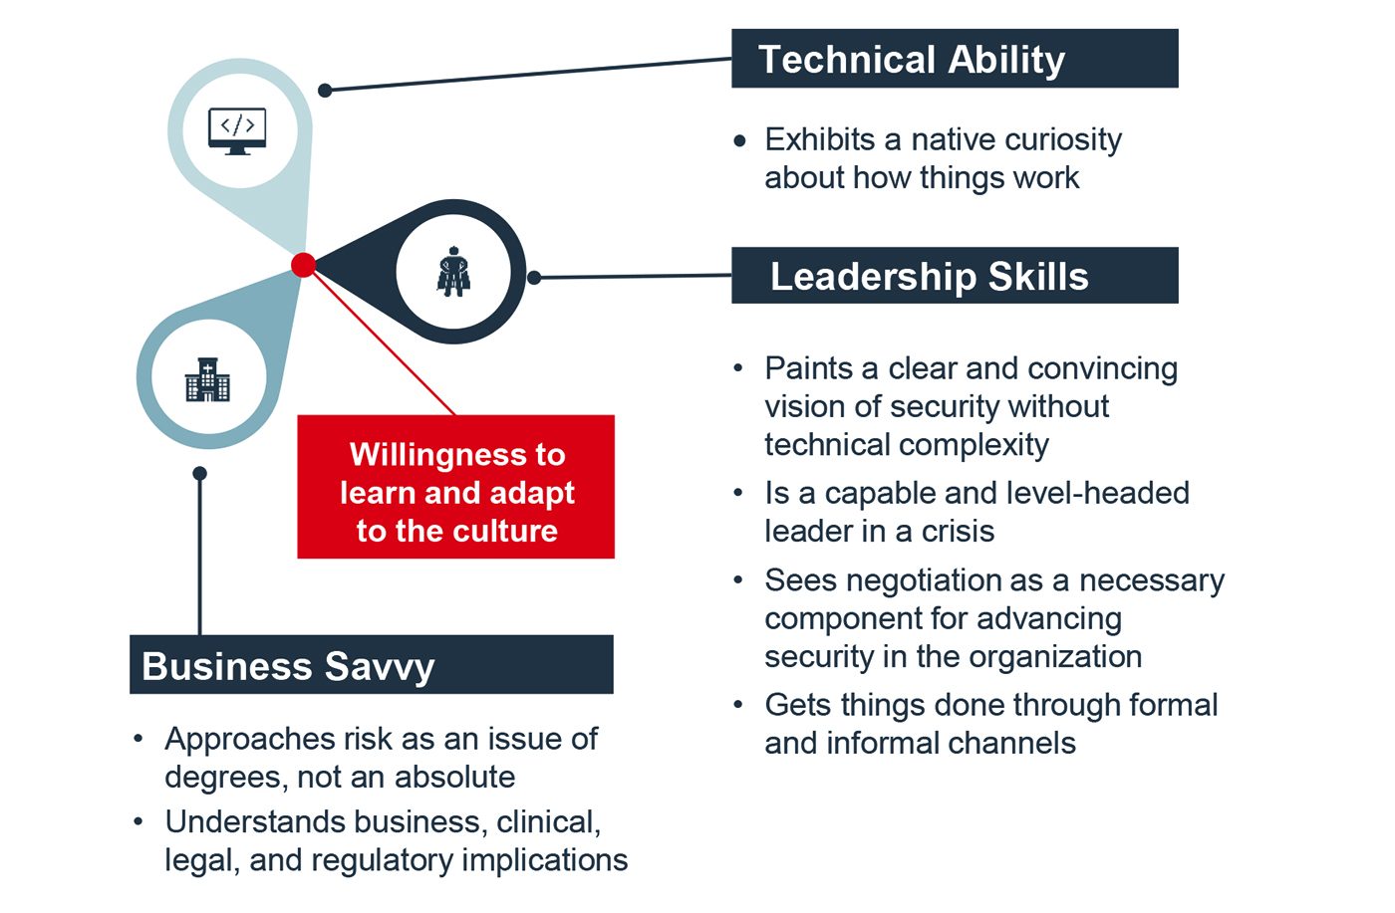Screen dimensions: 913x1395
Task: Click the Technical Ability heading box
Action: point(954,59)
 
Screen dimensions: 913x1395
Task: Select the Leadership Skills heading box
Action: point(954,276)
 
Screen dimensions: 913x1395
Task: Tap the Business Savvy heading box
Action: point(371,665)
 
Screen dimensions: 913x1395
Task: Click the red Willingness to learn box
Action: point(455,487)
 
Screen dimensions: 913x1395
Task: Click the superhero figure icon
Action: point(453,272)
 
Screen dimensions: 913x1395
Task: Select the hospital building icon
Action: point(207,379)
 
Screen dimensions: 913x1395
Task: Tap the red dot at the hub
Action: point(304,265)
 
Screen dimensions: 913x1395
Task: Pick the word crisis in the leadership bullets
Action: point(958,532)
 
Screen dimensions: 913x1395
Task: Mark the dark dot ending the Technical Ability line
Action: point(325,91)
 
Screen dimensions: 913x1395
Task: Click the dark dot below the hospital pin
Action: point(200,473)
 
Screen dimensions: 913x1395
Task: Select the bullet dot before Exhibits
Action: point(739,141)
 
